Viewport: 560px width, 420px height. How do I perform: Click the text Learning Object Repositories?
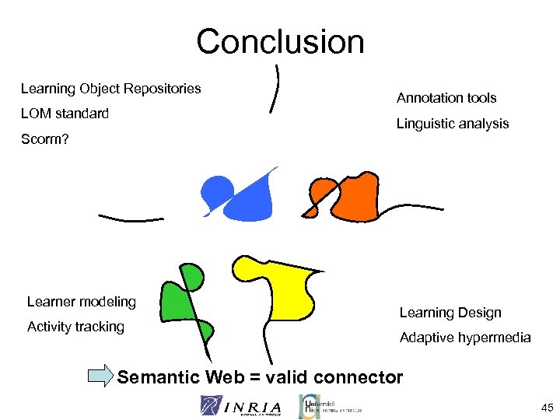110,89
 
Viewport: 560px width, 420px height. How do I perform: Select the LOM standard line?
65,114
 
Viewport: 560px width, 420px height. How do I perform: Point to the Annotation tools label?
446,98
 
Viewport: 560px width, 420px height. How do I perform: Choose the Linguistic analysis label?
453,124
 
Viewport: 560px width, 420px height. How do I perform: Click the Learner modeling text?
81,302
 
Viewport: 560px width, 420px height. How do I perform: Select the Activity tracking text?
75,327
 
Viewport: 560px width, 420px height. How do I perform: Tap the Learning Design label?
450,313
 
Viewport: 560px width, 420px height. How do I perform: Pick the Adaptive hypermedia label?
465,338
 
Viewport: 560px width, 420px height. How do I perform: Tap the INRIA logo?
241,405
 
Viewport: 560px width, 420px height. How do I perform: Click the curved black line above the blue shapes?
275,89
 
